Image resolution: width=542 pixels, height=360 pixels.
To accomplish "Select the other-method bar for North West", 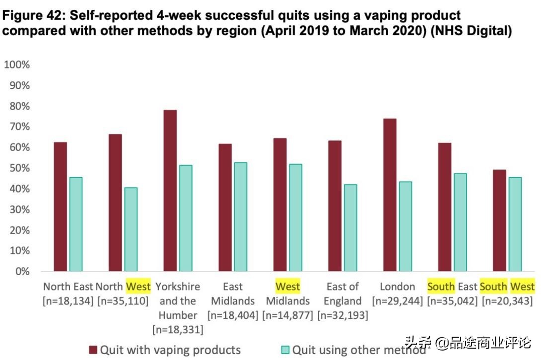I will coord(131,229).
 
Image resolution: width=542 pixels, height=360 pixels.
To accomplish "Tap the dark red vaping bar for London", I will coord(389,195).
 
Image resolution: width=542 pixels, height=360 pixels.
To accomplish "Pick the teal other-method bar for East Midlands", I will coord(240,217).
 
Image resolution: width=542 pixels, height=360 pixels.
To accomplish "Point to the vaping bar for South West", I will coord(499,221).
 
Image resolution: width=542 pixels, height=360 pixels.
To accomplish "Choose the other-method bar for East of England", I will coord(350,228).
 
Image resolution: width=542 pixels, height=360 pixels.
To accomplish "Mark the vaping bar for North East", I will coord(60,207).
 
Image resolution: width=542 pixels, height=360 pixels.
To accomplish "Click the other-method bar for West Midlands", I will coord(295,218).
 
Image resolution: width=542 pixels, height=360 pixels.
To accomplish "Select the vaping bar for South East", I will coord(445,207).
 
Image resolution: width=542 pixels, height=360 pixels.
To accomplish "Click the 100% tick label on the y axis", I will coord(17,65).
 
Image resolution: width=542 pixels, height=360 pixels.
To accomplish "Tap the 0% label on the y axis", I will coord(22,271).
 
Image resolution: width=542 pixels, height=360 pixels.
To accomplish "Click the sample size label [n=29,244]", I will coord(397,301).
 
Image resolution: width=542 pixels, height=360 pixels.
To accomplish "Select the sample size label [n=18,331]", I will coord(177,330).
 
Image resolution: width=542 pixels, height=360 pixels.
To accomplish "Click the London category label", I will coord(397,287).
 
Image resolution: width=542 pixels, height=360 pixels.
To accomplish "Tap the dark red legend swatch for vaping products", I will coord(93,350).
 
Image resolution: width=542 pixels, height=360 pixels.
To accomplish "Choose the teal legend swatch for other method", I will coord(285,350).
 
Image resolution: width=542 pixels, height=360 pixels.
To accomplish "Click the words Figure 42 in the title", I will coord(31,15).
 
